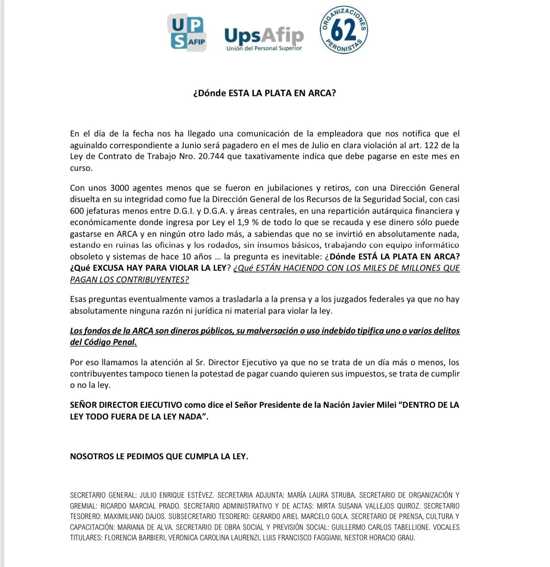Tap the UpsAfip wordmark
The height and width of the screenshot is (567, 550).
point(264,35)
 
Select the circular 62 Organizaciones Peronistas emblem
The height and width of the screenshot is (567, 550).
point(344,31)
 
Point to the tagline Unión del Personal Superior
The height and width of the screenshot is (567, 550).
point(264,48)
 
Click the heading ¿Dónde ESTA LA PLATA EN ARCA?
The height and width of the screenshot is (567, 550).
point(265,93)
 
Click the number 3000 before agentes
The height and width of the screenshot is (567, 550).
point(120,188)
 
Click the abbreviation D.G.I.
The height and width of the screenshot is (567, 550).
point(184,211)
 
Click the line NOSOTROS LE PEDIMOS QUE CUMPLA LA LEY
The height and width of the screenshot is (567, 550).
point(159,457)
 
